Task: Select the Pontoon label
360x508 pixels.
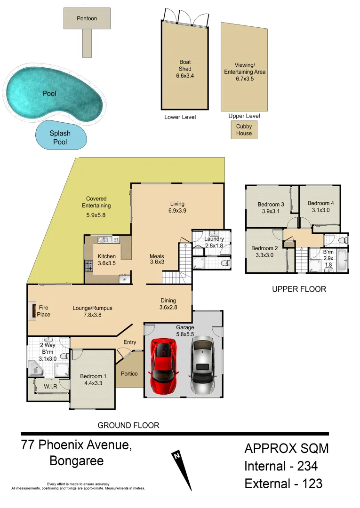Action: pos(87,18)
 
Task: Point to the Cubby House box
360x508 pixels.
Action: pos(244,130)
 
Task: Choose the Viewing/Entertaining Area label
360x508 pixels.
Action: pos(244,72)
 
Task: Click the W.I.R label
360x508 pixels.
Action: pos(51,387)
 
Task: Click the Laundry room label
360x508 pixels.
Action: pos(214,239)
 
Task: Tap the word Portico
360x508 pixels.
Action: pos(129,373)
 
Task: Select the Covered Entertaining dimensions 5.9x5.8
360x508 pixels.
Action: pos(96,215)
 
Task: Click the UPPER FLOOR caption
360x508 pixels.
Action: pos(299,289)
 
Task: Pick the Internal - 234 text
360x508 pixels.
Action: pos(281,466)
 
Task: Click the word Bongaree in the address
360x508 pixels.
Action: pos(76,460)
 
